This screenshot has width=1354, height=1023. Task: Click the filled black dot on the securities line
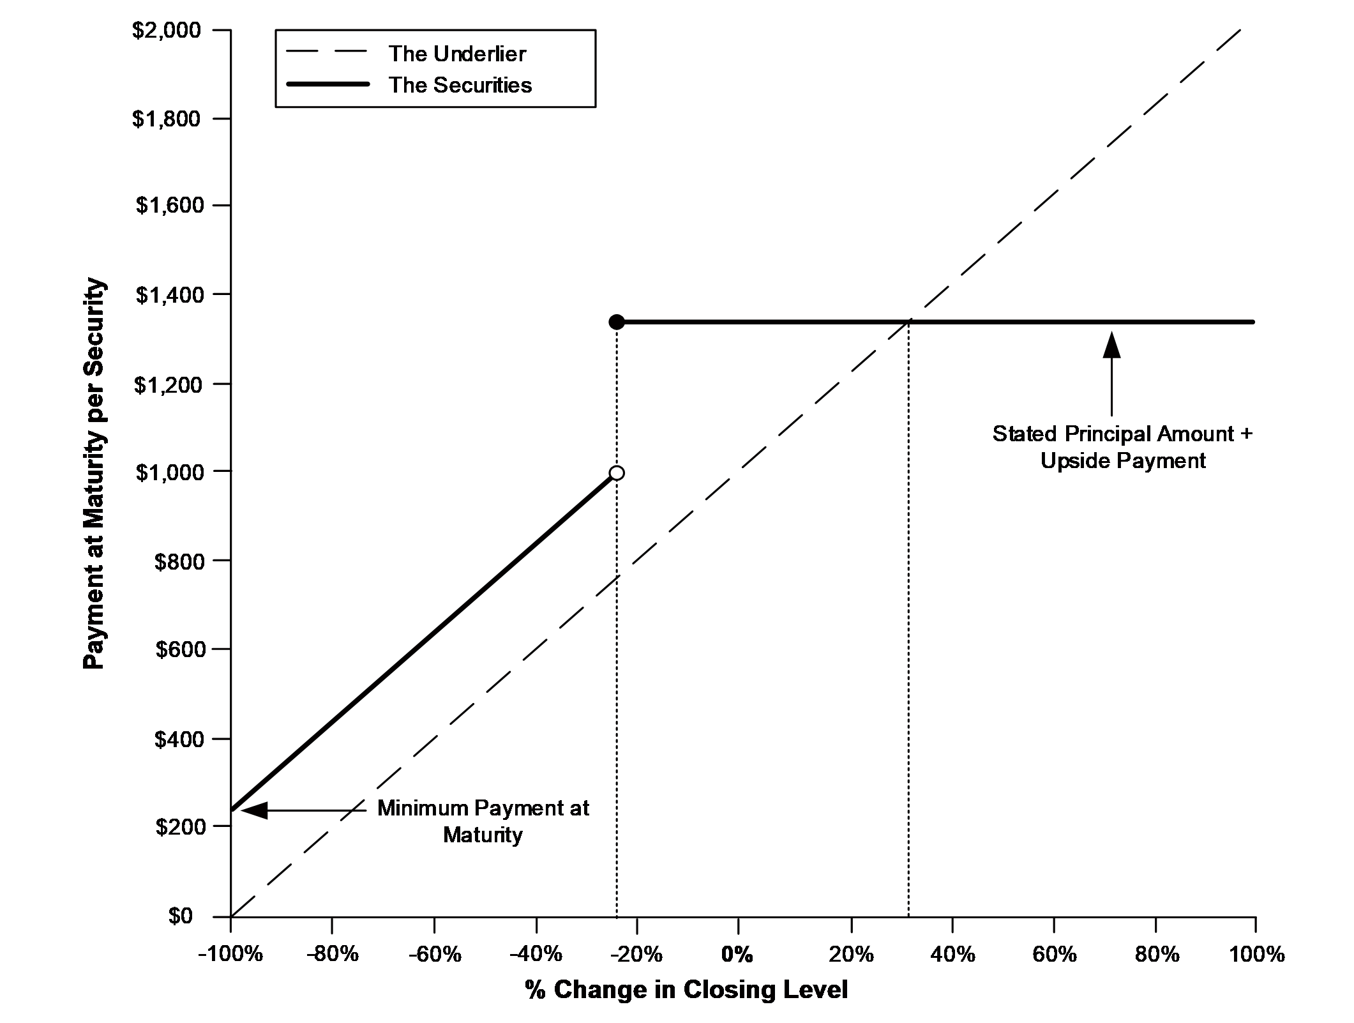point(617,322)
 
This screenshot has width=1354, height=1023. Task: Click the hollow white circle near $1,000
point(617,473)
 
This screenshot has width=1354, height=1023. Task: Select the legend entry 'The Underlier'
point(457,54)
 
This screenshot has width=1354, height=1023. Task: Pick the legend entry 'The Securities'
point(460,85)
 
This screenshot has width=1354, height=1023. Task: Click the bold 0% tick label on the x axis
point(737,954)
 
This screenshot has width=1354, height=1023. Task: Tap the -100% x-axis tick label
point(230,954)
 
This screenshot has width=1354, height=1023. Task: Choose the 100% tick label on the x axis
point(1255,954)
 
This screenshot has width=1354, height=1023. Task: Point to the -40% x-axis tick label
point(536,954)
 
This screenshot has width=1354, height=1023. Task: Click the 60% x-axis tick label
point(1054,954)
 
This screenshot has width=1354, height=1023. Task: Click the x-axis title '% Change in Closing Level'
point(686,989)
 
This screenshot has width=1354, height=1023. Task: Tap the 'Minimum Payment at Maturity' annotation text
point(483,821)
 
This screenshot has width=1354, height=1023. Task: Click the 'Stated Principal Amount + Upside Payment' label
point(1123,447)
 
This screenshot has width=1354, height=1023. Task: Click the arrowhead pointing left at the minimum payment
point(254,810)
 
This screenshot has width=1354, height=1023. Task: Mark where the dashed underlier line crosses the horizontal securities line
point(908,322)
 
